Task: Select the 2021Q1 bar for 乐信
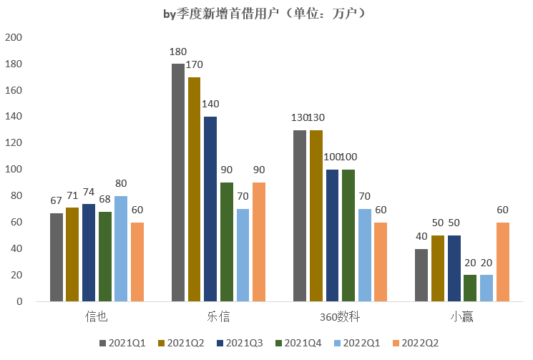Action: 178,183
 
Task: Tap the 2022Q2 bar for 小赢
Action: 503,262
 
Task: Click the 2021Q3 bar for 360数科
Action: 332,235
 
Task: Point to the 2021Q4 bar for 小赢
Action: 470,288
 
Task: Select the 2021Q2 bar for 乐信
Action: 194,189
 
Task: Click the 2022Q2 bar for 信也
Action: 137,262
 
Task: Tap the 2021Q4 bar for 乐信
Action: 227,242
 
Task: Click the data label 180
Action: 178,52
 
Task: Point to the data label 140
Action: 210,104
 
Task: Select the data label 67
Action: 56,201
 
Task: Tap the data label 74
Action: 89,192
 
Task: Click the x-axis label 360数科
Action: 340,316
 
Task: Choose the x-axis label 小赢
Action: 462,316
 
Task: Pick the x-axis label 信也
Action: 97,316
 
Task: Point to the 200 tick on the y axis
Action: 14,37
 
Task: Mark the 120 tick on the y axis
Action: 14,143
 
